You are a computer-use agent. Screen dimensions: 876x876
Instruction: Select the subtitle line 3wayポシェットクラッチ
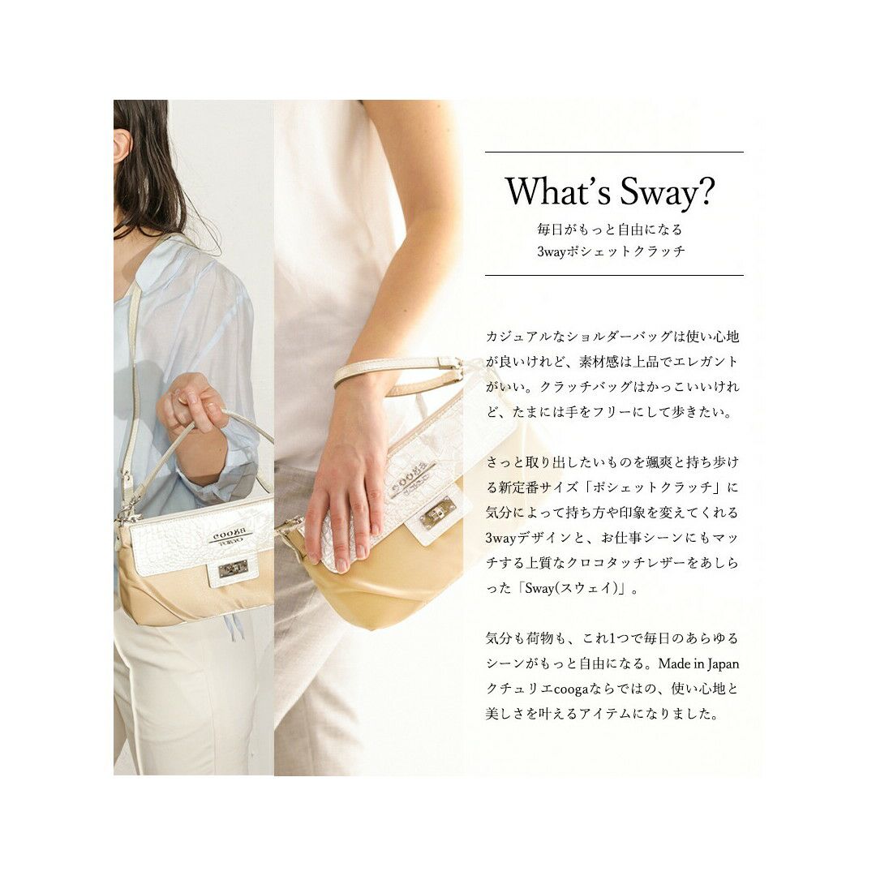tap(612, 251)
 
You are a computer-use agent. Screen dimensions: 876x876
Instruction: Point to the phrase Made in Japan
tap(698, 663)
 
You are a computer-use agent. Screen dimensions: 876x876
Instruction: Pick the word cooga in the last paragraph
tap(571, 689)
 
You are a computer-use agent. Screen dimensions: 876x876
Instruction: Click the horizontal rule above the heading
tap(614, 152)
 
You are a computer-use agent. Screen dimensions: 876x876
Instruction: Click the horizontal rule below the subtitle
tap(614, 276)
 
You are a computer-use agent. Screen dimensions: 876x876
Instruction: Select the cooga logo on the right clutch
tap(413, 474)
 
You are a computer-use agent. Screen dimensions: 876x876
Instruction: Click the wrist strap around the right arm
tap(397, 371)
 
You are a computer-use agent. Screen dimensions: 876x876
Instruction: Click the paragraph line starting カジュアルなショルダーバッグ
tap(612, 337)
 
